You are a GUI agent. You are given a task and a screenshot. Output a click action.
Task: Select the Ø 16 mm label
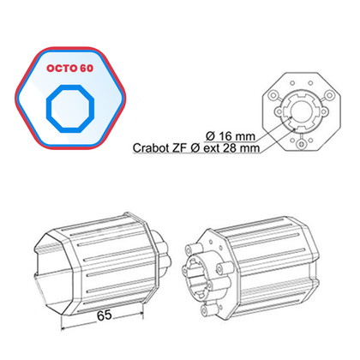(231, 134)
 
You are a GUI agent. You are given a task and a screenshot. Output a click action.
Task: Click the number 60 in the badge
(87, 65)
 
